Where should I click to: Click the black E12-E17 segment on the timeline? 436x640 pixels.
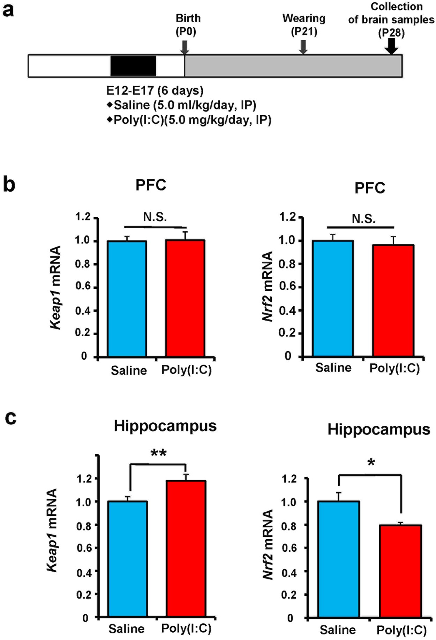(133, 66)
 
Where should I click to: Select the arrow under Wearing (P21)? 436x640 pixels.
(303, 47)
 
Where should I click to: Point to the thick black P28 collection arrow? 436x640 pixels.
(392, 46)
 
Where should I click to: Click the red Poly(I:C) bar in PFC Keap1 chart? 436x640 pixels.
(185, 298)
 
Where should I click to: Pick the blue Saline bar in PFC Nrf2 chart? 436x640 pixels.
(333, 298)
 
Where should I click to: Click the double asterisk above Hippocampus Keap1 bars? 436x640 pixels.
(158, 454)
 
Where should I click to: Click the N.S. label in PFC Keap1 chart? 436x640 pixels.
(155, 217)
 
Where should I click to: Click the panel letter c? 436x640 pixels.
(10, 417)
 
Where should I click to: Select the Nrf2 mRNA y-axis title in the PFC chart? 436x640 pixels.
(268, 286)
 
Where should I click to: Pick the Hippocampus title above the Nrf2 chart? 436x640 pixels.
(378, 429)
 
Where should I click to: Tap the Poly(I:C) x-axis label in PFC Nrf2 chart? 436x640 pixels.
(394, 368)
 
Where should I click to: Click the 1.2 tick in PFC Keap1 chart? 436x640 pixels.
(83, 217)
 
